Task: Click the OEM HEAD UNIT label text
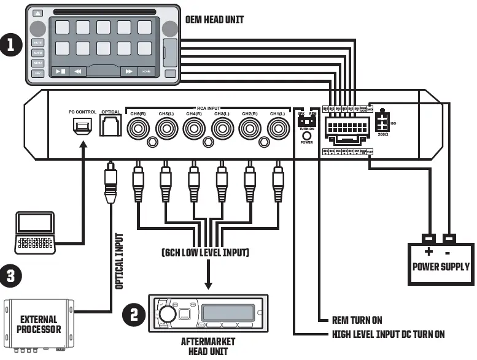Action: tap(214, 20)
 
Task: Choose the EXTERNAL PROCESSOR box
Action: tap(39, 324)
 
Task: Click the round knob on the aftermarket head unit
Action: tap(166, 315)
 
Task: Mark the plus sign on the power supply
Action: tap(429, 251)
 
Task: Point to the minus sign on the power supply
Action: tap(447, 251)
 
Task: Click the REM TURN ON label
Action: tap(357, 320)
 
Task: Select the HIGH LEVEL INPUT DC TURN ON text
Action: tap(388, 334)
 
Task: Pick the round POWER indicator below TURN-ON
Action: tap(306, 135)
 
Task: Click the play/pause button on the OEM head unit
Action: tap(60, 71)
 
